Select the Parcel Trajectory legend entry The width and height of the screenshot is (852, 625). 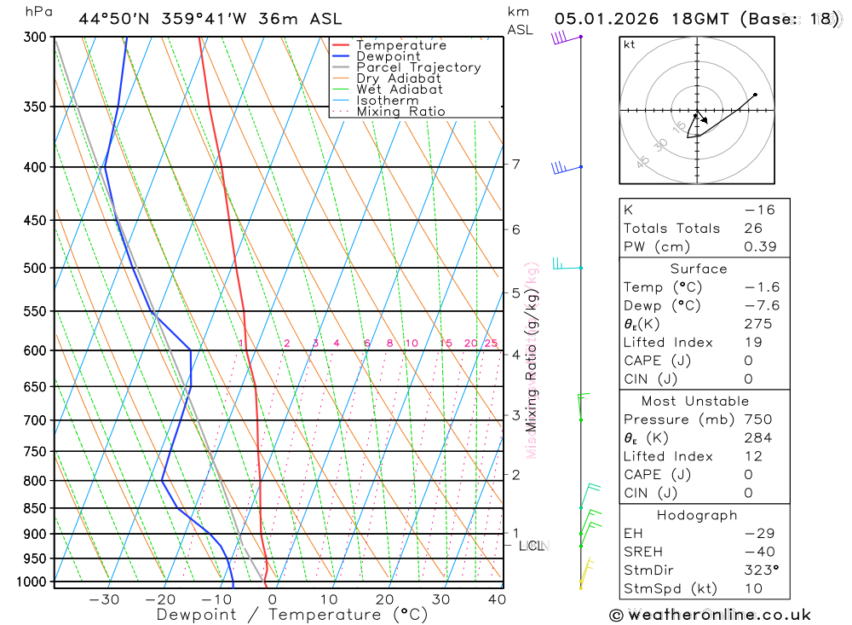(418, 67)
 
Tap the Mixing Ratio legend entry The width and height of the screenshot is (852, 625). (400, 112)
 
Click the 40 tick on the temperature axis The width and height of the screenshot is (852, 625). (497, 599)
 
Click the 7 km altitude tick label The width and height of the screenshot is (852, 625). (516, 164)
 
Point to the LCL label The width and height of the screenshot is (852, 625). (532, 546)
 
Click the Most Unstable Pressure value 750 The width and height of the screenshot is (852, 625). (757, 420)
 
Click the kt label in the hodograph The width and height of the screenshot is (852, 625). (630, 44)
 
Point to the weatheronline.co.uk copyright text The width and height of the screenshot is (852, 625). (710, 615)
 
